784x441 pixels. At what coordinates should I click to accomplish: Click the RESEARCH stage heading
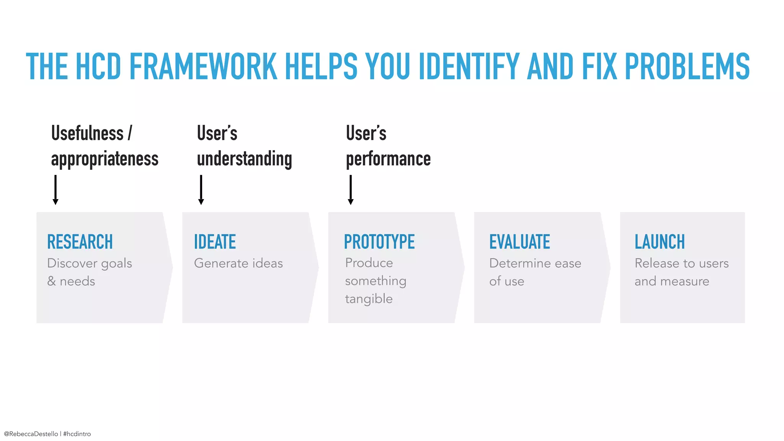pos(80,242)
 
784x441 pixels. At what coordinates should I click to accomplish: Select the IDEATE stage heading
pos(215,242)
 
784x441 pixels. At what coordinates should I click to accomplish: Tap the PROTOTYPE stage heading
pos(379,242)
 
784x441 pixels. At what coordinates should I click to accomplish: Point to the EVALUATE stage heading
pos(519,242)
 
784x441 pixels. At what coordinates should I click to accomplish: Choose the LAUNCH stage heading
pos(660,242)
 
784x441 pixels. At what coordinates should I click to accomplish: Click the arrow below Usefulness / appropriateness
pos(56,190)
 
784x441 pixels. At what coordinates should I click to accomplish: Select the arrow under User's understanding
pos(201,190)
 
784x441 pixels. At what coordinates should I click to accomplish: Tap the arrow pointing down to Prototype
pos(351,190)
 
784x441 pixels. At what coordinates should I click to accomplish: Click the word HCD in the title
pos(98,67)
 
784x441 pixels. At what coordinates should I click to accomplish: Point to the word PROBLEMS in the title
pos(687,67)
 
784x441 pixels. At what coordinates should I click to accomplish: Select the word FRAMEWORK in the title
pos(203,67)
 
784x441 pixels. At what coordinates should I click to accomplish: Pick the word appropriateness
pos(105,159)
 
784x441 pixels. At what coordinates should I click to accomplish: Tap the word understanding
pos(244,159)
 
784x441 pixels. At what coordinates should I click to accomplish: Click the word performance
pos(388,159)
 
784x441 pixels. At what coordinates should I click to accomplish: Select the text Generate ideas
pos(238,263)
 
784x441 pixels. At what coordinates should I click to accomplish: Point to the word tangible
pos(369,299)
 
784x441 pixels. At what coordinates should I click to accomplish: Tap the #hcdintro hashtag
pos(77,434)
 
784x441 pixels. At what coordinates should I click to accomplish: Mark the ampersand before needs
pos(51,281)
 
